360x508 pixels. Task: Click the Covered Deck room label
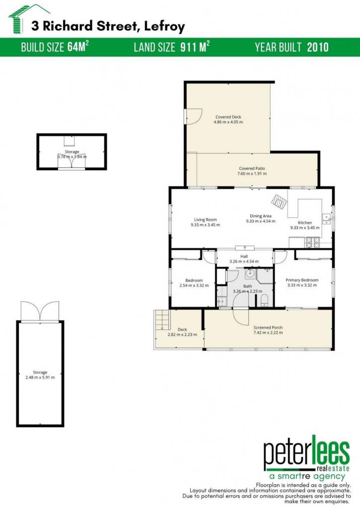(x=228, y=117)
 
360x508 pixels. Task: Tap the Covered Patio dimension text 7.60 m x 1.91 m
(x=252, y=174)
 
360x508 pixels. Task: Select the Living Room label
(x=205, y=220)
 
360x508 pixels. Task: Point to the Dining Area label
(x=260, y=216)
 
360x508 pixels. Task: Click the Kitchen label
(x=305, y=223)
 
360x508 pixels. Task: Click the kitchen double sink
(x=326, y=219)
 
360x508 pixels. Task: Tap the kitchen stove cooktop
(x=312, y=242)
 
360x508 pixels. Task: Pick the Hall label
(x=244, y=256)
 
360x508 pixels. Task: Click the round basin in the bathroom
(x=250, y=274)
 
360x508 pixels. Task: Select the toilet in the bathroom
(x=264, y=300)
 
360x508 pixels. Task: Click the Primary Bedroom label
(x=302, y=280)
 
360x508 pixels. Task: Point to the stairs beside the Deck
(x=162, y=320)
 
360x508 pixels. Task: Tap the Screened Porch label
(x=268, y=327)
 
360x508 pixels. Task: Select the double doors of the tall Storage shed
(x=40, y=311)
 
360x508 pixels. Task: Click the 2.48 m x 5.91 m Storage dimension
(x=40, y=378)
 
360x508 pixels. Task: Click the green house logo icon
(x=21, y=19)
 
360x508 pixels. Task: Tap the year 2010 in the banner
(x=318, y=47)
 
